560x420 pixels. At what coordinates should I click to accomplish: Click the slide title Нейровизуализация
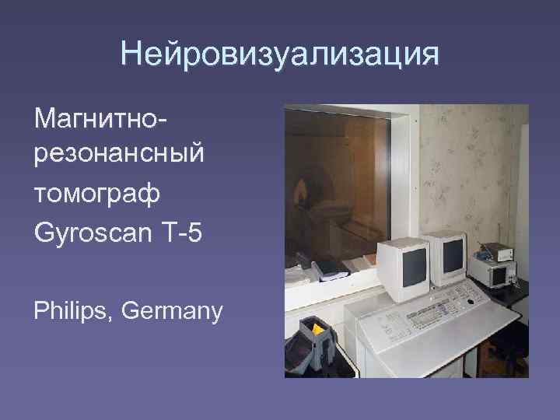pos(280,54)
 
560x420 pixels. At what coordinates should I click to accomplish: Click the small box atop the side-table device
pos(494,250)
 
